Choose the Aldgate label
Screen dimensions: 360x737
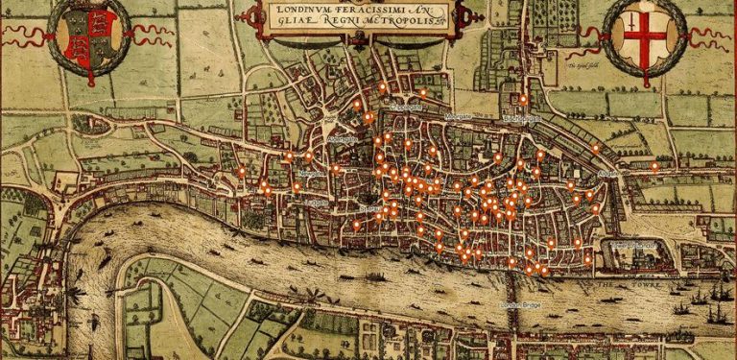pyautogui.click(x=608, y=175)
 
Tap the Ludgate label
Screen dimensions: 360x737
pyautogui.click(x=320, y=203)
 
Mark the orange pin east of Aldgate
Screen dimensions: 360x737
pyautogui.click(x=654, y=166)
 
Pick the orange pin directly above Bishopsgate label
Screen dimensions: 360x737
pyautogui.click(x=523, y=98)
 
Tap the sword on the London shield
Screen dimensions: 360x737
pyautogui.click(x=634, y=27)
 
